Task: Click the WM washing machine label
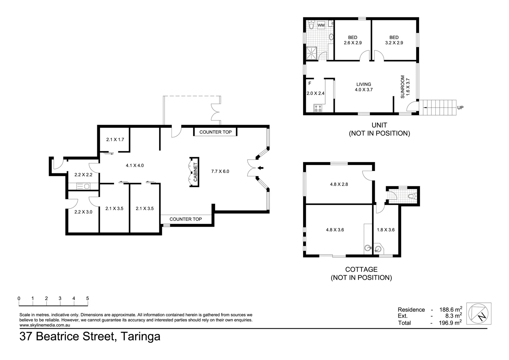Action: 321,25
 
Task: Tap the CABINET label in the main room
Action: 195,172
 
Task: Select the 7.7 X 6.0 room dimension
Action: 220,171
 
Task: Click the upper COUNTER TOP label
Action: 215,132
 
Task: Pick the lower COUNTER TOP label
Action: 186,219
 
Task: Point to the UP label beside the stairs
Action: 460,108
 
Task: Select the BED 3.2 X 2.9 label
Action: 394,40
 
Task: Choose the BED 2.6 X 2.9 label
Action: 352,40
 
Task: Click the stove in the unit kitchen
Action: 318,108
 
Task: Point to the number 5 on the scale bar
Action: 88,299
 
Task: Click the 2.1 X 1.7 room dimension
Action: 115,139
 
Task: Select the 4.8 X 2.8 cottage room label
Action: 339,184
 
